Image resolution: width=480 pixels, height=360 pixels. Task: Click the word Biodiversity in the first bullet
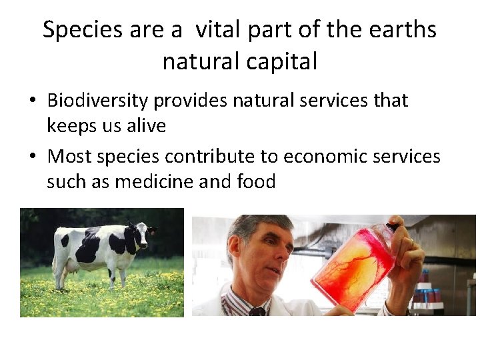coord(98,101)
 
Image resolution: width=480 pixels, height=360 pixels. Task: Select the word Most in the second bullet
coord(70,157)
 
